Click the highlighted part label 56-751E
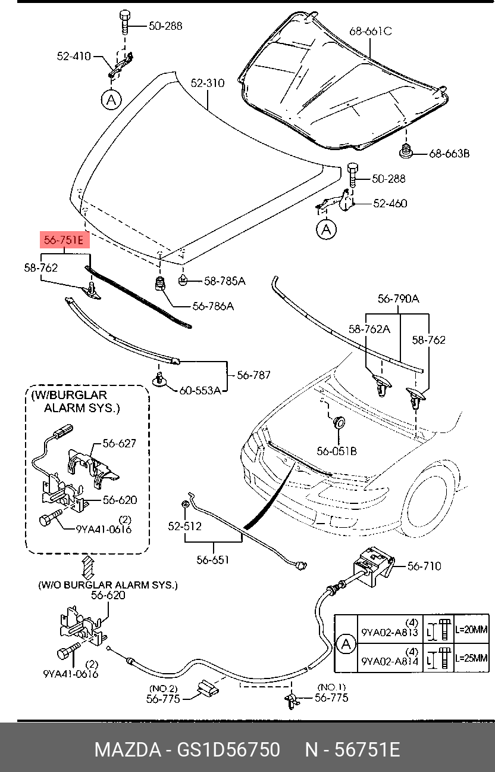pos(65,239)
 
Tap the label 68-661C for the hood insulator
pos(371,32)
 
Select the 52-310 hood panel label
pos(208,83)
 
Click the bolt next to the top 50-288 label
pos(124,21)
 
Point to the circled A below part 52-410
pos(111,100)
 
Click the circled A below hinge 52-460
pos(326,229)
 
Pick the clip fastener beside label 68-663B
pos(406,151)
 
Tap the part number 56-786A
pos(213,306)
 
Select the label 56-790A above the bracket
pos(398,298)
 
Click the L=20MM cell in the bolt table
pos(471,630)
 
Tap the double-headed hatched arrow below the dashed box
pos(88,567)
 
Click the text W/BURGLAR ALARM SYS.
pos(76,401)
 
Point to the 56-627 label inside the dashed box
pos(120,443)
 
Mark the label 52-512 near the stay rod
pos(184,526)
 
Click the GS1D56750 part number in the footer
pos(228,749)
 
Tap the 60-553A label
pos(200,391)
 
